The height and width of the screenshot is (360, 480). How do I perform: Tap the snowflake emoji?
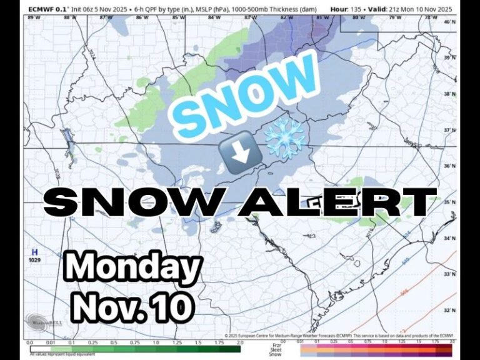pos(284,138)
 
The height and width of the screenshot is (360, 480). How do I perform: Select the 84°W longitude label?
pos(214,17)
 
